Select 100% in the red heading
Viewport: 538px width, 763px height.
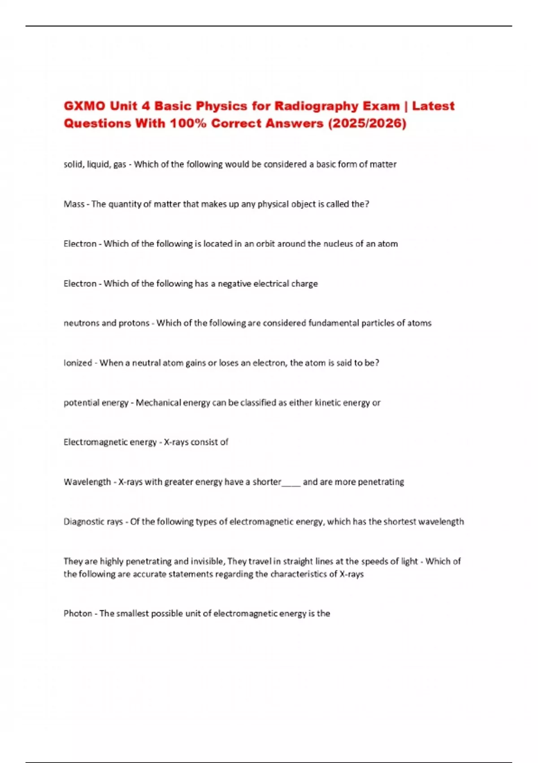click(x=188, y=123)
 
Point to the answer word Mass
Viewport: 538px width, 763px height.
click(x=74, y=204)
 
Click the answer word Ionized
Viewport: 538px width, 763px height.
click(x=78, y=363)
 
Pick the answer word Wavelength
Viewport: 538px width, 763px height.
click(x=87, y=482)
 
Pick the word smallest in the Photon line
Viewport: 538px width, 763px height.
click(x=132, y=614)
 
